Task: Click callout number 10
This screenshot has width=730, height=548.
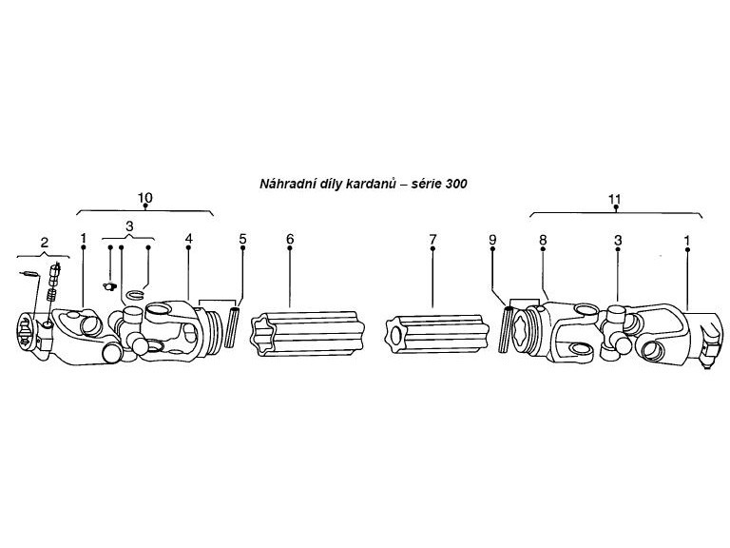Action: tap(145, 197)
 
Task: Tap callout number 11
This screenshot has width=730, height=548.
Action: tap(615, 199)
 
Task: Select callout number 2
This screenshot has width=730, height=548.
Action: tap(45, 243)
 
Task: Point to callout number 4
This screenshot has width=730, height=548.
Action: tap(188, 239)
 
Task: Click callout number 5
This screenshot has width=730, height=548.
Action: tap(242, 239)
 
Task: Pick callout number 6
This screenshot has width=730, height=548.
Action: tap(290, 239)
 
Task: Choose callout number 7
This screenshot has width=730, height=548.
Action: tap(433, 240)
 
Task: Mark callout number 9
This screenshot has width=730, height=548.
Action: tap(492, 240)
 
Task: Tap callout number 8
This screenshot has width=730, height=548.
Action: tap(543, 240)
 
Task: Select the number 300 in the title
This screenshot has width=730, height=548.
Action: tap(456, 184)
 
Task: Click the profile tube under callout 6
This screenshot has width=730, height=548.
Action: tap(307, 334)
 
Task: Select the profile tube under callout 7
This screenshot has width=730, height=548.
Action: tap(437, 335)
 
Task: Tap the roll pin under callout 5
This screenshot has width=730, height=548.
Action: tap(232, 326)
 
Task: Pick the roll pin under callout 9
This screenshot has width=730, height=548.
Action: tap(505, 328)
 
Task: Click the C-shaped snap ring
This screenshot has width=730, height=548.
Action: tap(136, 295)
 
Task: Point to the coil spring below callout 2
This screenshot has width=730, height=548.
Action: tap(52, 295)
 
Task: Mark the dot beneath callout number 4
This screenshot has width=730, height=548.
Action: tap(188, 247)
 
